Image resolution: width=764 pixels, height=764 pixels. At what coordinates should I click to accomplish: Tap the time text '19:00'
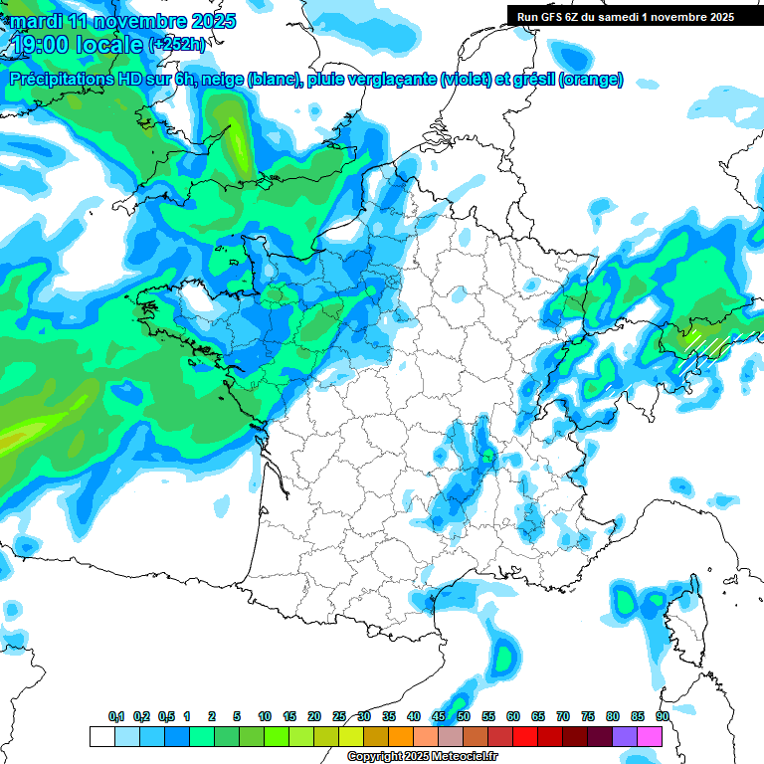click(46, 44)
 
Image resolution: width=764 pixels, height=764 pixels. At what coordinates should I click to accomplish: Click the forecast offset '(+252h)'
click(178, 45)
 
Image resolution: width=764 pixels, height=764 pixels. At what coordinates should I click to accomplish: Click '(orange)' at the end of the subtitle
click(591, 80)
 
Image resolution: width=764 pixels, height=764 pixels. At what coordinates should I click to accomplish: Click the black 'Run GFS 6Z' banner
click(625, 16)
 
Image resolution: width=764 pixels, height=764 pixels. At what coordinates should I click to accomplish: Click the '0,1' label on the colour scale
click(116, 717)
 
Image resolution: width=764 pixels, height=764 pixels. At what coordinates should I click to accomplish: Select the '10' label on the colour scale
click(265, 717)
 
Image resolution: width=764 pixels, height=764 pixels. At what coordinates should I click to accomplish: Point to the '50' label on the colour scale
click(464, 717)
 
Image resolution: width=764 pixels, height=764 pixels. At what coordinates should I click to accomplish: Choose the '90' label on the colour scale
click(663, 717)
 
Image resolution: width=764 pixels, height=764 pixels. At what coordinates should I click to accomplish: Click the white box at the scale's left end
click(101, 736)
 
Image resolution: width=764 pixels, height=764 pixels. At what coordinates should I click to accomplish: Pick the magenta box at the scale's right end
click(650, 736)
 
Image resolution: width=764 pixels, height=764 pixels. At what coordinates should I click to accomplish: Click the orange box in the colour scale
click(401, 736)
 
